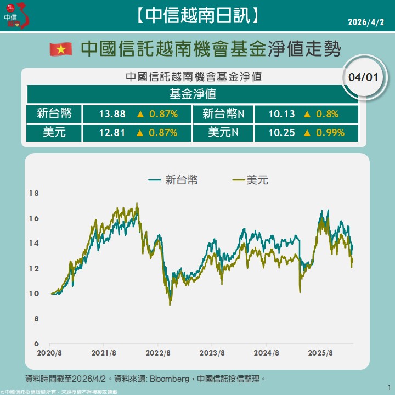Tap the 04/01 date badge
coord(363,77)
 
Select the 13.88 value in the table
coord(112,114)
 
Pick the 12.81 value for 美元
coord(112,132)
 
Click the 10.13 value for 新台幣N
coord(282,114)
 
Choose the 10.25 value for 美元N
coord(282,132)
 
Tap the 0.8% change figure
coord(326,114)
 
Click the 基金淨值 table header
coord(193,94)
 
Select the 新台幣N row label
coord(223,114)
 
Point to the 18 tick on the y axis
coord(34,193)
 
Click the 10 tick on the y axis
coord(34,294)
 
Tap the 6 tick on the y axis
coord(36,343)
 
